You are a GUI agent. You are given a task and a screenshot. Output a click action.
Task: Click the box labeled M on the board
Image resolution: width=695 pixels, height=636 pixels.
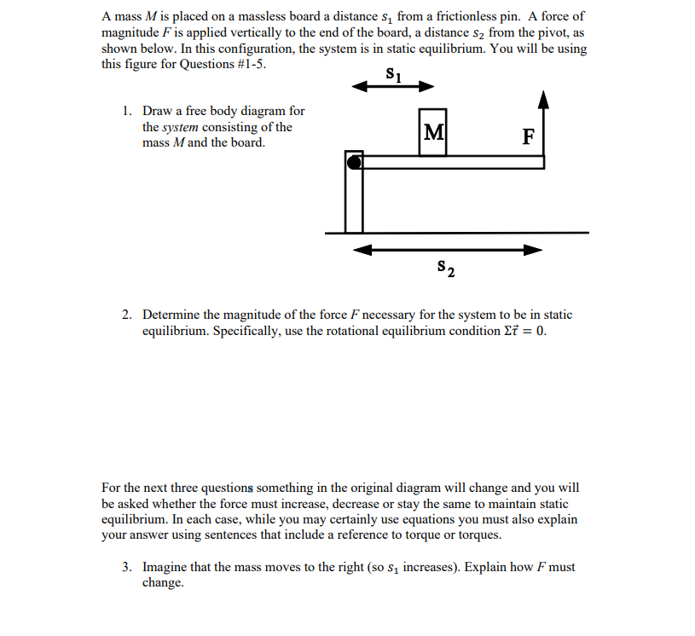click(x=433, y=132)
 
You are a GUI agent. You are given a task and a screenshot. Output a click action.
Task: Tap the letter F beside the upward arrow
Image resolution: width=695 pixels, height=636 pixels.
click(x=528, y=136)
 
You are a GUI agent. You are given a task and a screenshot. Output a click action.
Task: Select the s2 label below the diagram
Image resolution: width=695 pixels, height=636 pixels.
click(x=445, y=269)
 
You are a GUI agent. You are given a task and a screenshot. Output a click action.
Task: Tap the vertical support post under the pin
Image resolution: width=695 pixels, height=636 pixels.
click(x=353, y=200)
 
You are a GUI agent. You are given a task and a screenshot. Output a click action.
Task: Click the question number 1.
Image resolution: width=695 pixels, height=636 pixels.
click(x=126, y=111)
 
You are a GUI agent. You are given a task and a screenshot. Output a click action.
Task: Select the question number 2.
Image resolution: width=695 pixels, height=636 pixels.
click(x=126, y=315)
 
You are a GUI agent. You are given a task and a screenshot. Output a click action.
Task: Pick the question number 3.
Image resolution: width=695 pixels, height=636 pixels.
click(x=126, y=567)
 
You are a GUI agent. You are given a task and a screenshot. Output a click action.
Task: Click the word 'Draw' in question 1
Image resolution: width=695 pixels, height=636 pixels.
click(x=158, y=111)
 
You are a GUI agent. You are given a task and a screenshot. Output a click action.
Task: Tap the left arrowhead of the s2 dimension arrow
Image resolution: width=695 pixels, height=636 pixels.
click(x=363, y=250)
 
